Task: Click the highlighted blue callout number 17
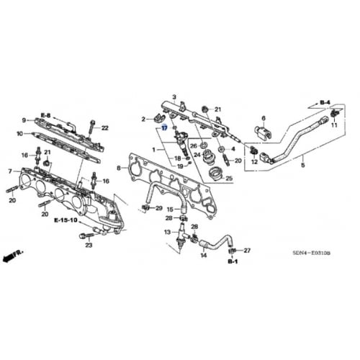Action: point(164,127)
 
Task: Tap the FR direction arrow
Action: point(12,255)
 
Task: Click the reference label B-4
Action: point(324,103)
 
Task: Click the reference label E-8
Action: point(45,114)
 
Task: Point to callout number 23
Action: point(89,246)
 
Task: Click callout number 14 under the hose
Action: point(204,255)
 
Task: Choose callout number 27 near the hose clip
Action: point(246,250)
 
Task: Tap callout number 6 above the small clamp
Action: point(264,118)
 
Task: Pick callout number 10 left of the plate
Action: point(20,133)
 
